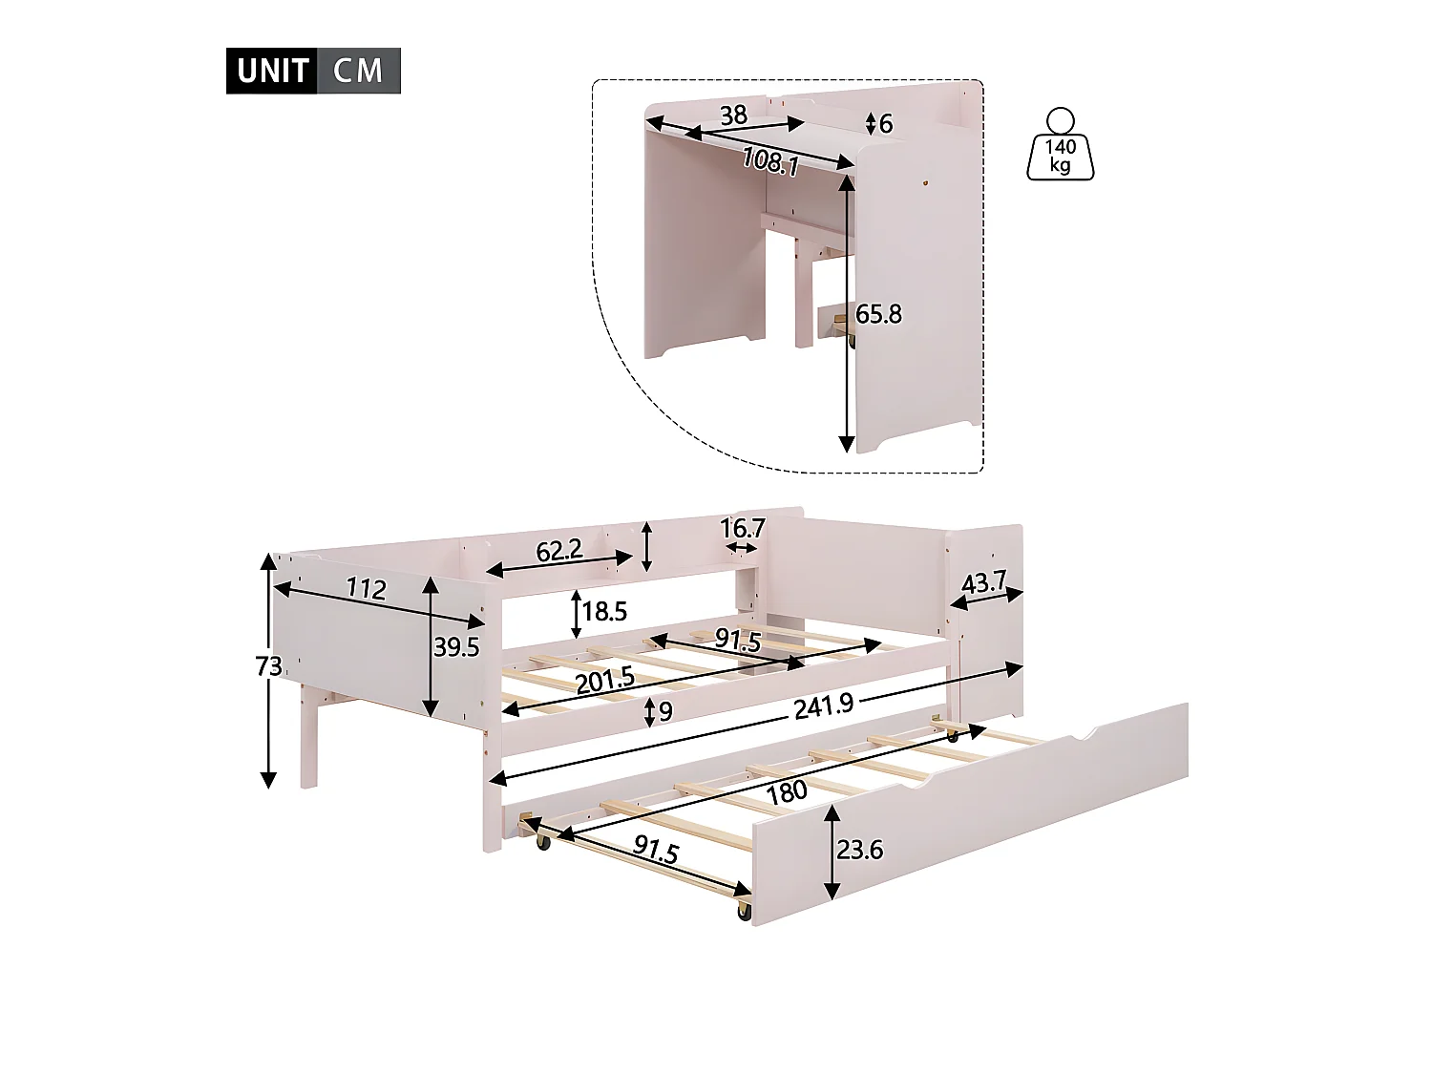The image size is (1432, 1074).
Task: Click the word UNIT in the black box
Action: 272,71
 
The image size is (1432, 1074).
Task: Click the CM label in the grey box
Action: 358,71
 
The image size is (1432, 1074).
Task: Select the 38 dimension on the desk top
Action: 733,116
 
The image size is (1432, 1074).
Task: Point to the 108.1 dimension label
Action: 769,161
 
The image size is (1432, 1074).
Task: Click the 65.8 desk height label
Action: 878,314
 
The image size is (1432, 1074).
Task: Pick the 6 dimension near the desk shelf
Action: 886,124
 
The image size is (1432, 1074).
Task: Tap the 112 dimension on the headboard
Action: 366,589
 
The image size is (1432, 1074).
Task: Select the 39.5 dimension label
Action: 456,647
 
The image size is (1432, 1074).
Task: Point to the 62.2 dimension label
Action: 558,550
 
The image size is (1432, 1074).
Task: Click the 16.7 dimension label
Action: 745,529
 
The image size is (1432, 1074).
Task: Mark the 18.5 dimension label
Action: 604,611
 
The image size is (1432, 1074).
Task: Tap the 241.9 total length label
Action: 824,707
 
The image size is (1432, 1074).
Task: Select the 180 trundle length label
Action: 786,790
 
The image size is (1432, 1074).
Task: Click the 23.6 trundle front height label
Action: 860,850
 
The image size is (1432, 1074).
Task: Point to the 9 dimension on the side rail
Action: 666,711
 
